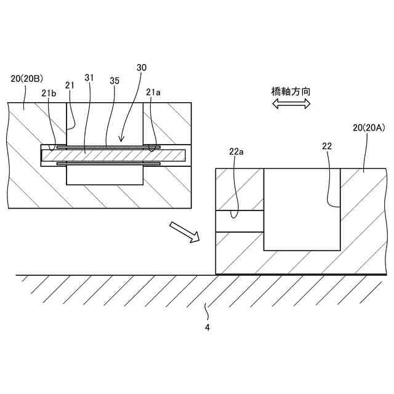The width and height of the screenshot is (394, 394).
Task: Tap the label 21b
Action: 49,92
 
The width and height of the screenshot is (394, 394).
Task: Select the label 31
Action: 90,78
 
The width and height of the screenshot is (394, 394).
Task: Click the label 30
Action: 142,67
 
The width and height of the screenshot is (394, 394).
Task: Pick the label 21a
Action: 154,92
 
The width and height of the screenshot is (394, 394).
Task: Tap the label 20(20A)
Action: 369,128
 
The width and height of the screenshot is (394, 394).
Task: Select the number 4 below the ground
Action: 207,328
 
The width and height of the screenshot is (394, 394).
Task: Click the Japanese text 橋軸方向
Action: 291,91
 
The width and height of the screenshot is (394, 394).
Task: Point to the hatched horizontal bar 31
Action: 114,156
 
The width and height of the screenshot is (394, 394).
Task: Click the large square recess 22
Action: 302,209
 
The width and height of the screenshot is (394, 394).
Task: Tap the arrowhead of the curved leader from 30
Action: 121,140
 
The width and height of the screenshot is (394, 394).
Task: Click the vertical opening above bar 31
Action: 105,123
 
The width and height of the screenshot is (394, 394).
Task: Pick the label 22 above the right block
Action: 328,146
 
